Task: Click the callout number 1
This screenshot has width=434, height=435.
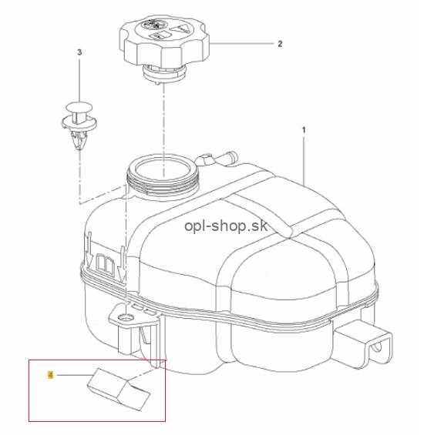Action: click(x=304, y=129)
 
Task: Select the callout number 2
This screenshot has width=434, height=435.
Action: click(x=280, y=44)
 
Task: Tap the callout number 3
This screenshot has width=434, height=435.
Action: click(x=79, y=52)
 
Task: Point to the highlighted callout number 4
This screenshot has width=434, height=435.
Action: click(x=51, y=375)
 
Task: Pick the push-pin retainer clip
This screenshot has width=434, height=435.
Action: click(x=79, y=125)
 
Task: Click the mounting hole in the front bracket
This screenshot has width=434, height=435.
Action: click(x=126, y=316)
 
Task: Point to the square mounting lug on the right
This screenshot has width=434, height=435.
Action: click(x=364, y=343)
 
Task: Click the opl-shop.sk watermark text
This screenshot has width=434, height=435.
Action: click(x=226, y=226)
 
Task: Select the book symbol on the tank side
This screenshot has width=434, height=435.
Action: click(x=105, y=265)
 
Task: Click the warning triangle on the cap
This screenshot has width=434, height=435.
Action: click(x=179, y=28)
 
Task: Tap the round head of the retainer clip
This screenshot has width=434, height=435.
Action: click(x=79, y=107)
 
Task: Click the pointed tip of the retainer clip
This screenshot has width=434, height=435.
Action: click(x=79, y=148)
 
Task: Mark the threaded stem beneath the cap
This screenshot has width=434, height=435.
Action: click(x=164, y=73)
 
